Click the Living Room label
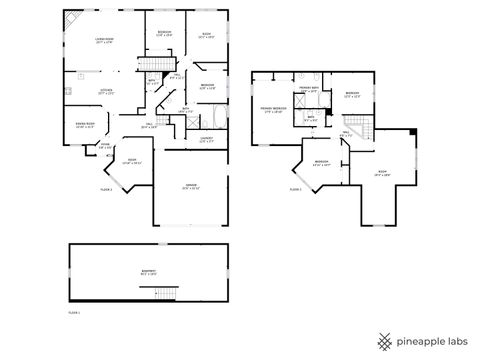tap(104, 41)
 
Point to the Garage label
tap(190, 187)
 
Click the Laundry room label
tap(206, 139)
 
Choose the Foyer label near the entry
tap(105, 144)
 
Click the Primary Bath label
tap(308, 90)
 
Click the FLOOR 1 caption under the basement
tap(73, 313)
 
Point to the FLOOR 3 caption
tap(295, 188)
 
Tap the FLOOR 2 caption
tap(105, 188)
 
